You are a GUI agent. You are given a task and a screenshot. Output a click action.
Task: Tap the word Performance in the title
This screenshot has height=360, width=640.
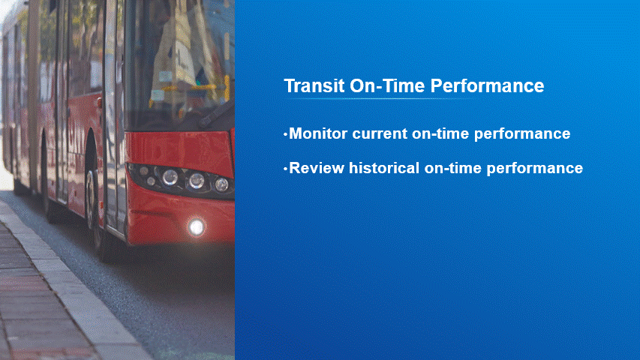pyautogui.click(x=488, y=85)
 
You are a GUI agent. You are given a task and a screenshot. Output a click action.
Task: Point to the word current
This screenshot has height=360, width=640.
pyautogui.click(x=380, y=134)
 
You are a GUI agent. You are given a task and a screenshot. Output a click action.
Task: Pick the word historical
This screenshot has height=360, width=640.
pyautogui.click(x=384, y=168)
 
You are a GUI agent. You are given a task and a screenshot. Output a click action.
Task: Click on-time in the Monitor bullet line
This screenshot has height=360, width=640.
pyautogui.click(x=440, y=134)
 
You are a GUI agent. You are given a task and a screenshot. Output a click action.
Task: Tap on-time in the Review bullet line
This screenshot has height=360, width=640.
pyautogui.click(x=453, y=168)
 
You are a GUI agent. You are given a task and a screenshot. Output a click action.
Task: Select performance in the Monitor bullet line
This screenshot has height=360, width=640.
pyautogui.click(x=522, y=134)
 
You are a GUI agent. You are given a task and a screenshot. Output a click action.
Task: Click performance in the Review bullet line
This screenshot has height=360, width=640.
pyautogui.click(x=535, y=169)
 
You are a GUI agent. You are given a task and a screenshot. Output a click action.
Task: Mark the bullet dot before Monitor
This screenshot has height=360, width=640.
pyautogui.click(x=286, y=134)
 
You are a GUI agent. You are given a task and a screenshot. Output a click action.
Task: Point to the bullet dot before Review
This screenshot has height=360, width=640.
pyautogui.click(x=286, y=168)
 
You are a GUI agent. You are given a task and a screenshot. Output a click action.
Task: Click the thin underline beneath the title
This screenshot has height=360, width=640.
pyautogui.click(x=380, y=99)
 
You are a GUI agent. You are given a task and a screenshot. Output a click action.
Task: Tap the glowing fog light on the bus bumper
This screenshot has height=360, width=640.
pyautogui.click(x=197, y=227)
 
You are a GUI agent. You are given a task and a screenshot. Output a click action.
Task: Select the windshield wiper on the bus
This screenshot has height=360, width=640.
pyautogui.click(x=215, y=113)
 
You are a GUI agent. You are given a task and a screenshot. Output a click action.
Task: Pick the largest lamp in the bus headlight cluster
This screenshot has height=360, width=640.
pyautogui.click(x=170, y=178)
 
